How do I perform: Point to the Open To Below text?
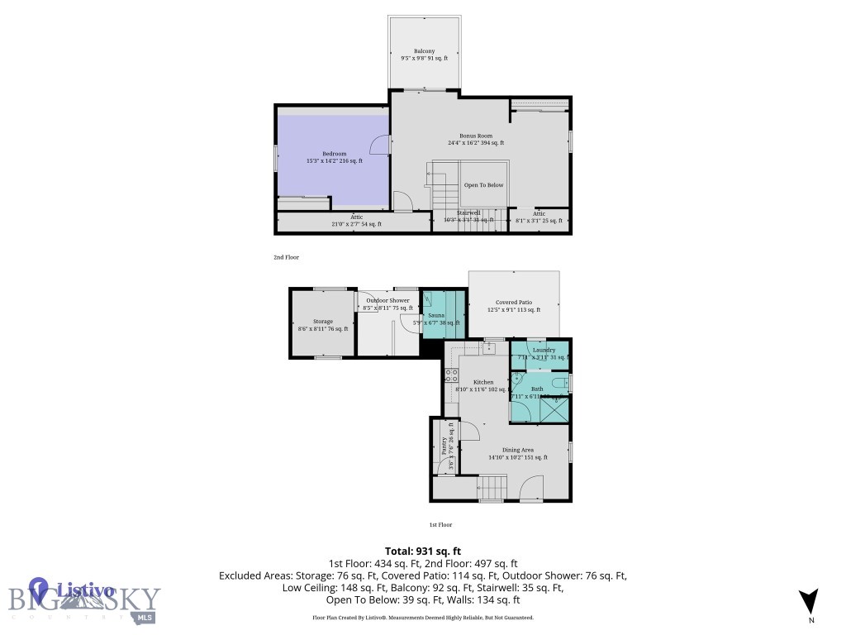483,185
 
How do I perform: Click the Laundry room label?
544,350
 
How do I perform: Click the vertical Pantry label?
444,447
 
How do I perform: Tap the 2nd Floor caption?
287,257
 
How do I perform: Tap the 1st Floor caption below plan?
440,524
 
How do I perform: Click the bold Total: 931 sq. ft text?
423,551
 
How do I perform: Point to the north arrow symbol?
810,601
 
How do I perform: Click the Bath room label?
537,389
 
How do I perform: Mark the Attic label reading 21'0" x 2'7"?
356,220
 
